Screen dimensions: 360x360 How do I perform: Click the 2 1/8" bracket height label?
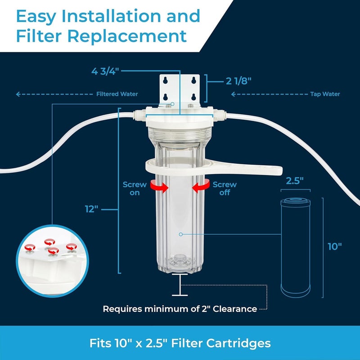(x=238, y=81)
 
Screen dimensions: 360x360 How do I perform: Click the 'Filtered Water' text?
(x=117, y=94)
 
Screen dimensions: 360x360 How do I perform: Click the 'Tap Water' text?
(x=325, y=94)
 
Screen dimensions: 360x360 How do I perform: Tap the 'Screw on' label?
(x=135, y=189)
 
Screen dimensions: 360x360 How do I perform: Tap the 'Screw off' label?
(x=225, y=189)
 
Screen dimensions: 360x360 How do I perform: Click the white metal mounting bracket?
(x=180, y=90)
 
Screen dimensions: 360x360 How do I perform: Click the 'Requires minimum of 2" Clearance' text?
(x=180, y=309)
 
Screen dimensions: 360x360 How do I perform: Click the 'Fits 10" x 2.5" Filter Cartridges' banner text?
(x=180, y=343)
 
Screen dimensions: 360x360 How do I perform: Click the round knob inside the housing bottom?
(x=180, y=261)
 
